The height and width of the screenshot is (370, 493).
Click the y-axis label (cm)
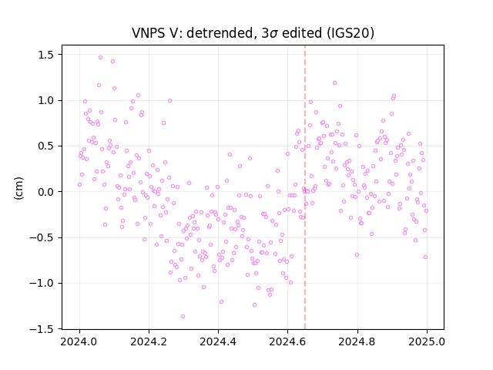point(18,188)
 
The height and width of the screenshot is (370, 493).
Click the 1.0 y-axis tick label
point(46,101)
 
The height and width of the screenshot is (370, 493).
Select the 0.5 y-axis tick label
point(46,146)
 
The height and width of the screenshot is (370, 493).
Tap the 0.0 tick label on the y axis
point(46,192)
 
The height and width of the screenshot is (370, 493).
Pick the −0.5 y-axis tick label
point(42,237)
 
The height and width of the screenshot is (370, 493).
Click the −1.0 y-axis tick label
point(42,283)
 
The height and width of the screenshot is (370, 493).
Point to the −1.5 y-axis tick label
point(42,329)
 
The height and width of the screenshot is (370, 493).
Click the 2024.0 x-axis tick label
point(79,341)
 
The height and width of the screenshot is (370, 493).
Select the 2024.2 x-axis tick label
point(149,341)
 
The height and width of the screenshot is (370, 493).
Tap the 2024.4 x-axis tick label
point(218,341)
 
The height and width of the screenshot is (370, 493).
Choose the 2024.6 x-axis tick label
point(287,341)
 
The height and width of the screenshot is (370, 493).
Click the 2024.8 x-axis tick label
point(357,341)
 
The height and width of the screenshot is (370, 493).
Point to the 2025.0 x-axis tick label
point(427,341)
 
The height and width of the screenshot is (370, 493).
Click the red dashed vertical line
point(305,187)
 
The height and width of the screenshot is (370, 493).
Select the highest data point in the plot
point(100,58)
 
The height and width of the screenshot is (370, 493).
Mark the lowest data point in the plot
point(183,317)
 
